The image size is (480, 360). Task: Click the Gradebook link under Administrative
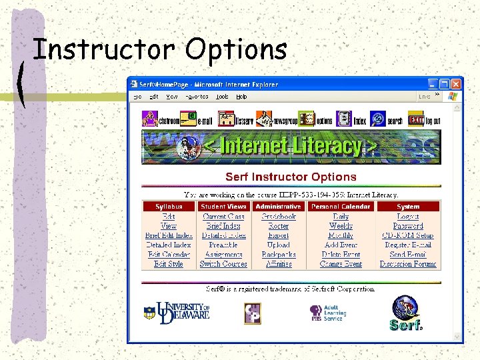(x=279, y=217)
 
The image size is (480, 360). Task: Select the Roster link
(x=279, y=226)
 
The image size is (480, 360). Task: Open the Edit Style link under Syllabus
(x=169, y=264)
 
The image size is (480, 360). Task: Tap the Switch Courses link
(x=223, y=264)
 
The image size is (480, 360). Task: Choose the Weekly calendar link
(x=341, y=226)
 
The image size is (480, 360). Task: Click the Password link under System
(x=408, y=226)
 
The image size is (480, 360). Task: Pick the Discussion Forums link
(x=408, y=264)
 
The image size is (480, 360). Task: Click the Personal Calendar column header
(x=341, y=207)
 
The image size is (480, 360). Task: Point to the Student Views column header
(x=223, y=207)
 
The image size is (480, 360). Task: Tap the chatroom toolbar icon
(x=159, y=119)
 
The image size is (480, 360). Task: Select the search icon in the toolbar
(x=387, y=119)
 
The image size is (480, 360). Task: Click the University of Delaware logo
(x=177, y=312)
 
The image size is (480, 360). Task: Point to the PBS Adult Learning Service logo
(x=326, y=313)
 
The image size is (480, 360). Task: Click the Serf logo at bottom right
(x=406, y=314)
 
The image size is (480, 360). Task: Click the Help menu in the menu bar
(x=241, y=97)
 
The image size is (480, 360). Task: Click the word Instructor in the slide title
(x=104, y=49)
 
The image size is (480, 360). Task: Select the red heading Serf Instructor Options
(x=291, y=177)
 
